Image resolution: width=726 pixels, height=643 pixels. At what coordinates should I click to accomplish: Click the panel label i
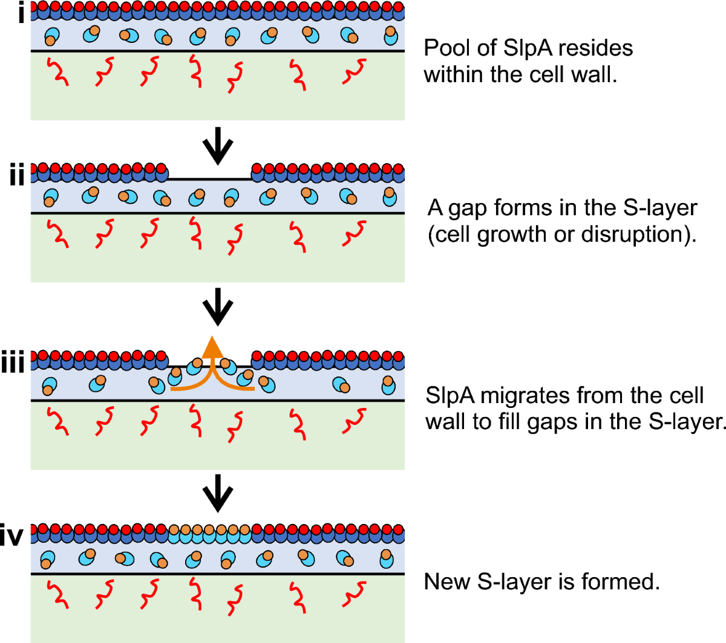[x=22, y=13]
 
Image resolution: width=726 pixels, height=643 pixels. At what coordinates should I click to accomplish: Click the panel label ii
[x=17, y=174]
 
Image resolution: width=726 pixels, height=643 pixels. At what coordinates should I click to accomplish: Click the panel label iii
[x=13, y=361]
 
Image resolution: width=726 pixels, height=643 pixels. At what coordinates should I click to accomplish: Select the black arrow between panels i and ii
[x=218, y=146]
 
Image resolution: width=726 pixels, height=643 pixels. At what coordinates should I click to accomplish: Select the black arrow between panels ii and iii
[x=218, y=307]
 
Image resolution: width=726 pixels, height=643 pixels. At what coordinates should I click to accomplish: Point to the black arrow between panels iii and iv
[x=218, y=493]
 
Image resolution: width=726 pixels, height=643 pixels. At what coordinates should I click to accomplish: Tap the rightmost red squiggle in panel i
[x=354, y=71]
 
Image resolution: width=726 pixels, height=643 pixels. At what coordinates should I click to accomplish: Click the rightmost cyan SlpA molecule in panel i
[x=390, y=36]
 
